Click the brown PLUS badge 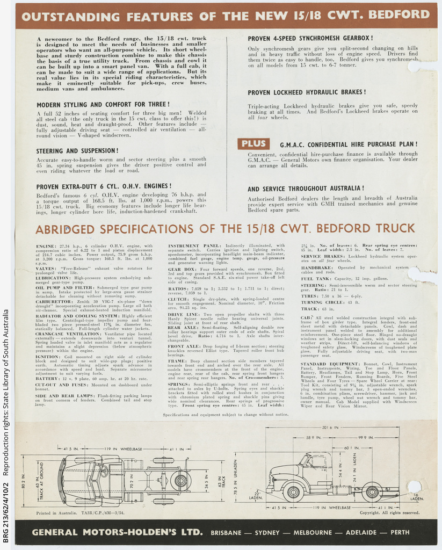point(253,144)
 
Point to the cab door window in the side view point(318,461)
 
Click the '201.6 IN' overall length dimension point(330,428)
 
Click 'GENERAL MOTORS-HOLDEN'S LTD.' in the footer point(117,533)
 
